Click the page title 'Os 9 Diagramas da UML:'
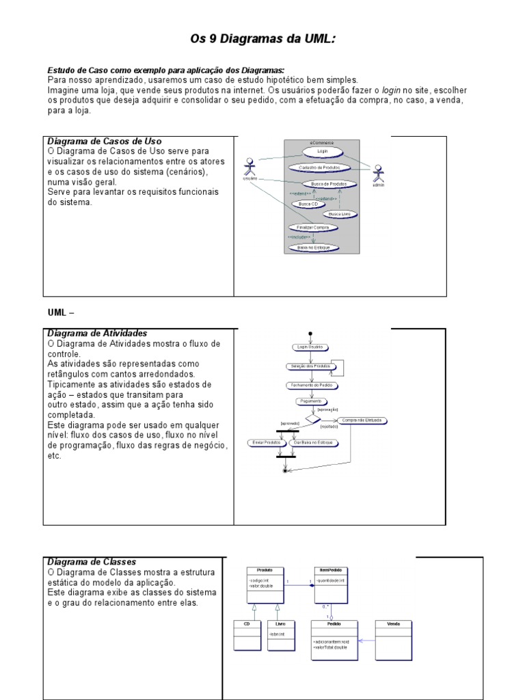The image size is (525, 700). coord(262,40)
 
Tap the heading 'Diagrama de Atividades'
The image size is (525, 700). coord(97,334)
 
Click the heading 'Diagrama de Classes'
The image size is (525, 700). coord(92,562)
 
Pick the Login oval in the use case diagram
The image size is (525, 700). coord(323,151)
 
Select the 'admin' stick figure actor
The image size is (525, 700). coord(375,173)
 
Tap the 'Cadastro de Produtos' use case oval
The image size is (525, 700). coord(319,167)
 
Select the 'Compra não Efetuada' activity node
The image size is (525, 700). coord(362,420)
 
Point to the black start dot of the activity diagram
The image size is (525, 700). coord(310,334)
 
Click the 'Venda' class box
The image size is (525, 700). coord(394,638)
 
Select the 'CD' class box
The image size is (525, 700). coord(247,634)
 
